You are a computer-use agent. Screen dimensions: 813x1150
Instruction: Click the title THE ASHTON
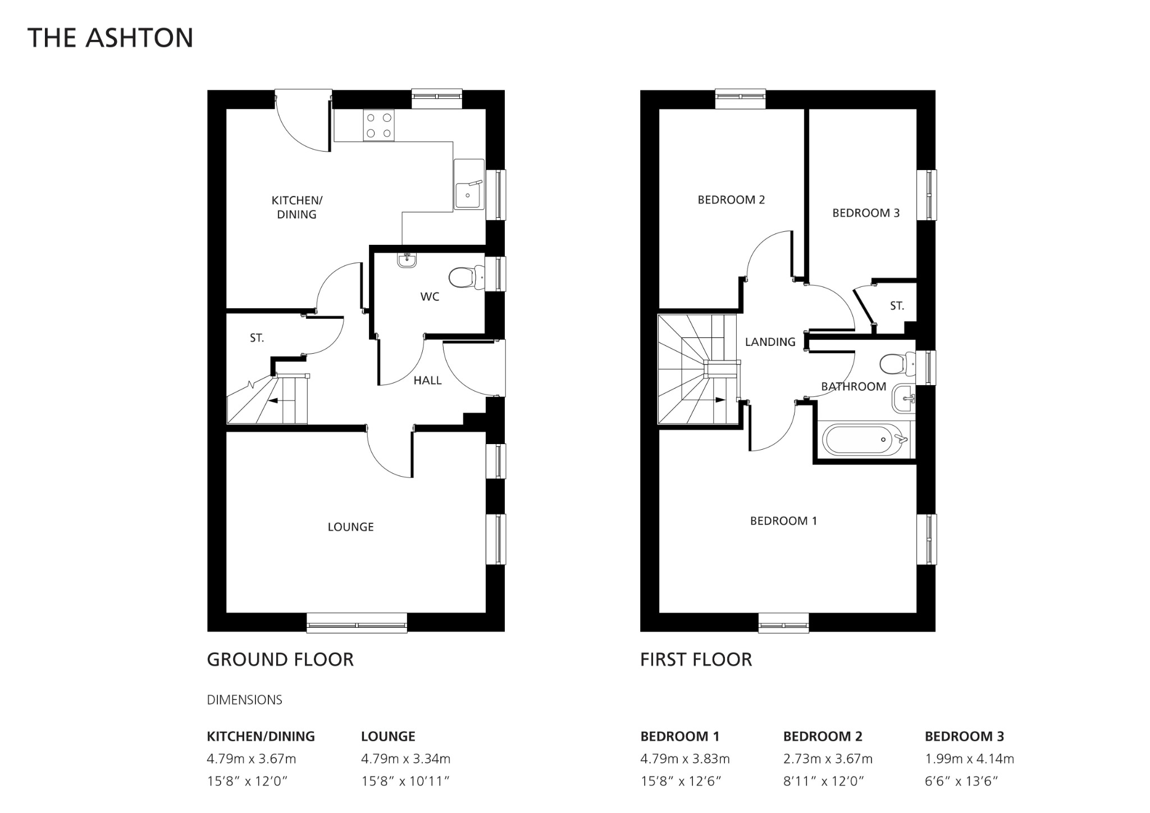(110, 38)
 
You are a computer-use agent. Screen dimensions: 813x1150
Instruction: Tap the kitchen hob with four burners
(378, 125)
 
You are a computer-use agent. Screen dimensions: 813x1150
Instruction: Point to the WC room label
(430, 297)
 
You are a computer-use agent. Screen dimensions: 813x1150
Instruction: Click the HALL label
(427, 381)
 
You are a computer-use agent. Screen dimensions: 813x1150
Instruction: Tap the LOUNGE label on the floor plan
(350, 527)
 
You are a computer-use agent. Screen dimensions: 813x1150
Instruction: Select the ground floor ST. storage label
(257, 338)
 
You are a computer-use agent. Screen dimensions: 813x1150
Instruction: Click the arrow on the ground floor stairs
(275, 401)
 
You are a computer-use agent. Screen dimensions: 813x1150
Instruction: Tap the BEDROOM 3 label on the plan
(865, 213)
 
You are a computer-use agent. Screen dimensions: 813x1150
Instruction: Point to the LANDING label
(770, 342)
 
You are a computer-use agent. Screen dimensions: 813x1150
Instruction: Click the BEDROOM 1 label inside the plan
(783, 521)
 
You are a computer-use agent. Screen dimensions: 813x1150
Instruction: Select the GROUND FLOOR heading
(280, 660)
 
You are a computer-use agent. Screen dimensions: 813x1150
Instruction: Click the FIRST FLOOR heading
(696, 660)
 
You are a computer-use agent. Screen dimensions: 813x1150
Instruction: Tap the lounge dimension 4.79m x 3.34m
(405, 759)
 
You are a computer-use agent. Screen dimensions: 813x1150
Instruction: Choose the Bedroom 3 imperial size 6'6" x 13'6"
(961, 782)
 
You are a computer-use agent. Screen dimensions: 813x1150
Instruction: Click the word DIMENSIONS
(244, 700)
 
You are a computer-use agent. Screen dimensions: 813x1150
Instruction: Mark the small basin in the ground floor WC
(406, 260)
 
